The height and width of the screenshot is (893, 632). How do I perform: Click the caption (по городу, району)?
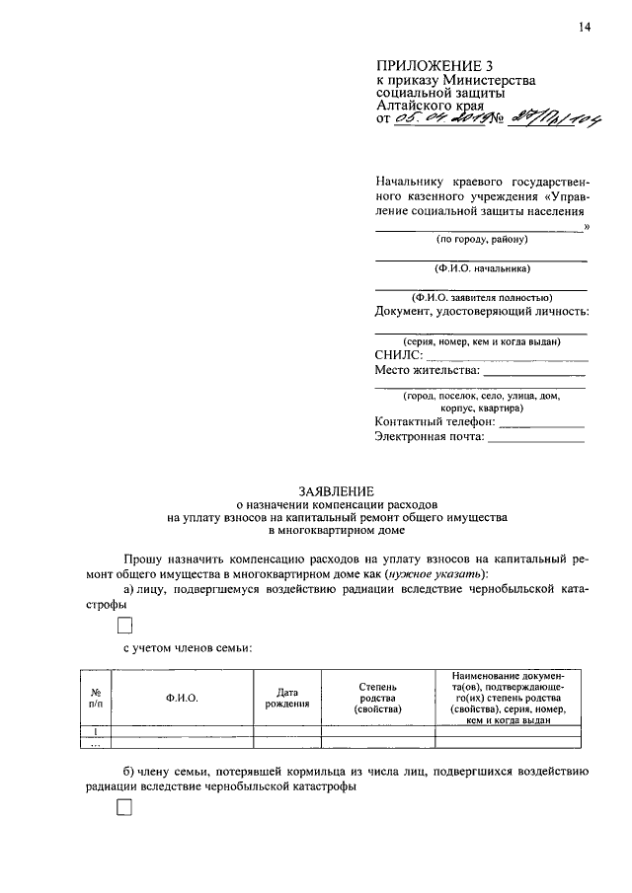pyautogui.click(x=482, y=240)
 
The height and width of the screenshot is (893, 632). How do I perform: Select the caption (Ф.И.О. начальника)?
pyautogui.click(x=482, y=268)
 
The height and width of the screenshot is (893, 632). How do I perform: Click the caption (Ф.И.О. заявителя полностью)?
pyautogui.click(x=482, y=297)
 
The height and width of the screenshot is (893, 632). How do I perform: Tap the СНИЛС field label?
pyautogui.click(x=399, y=355)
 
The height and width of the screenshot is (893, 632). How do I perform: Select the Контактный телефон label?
pyautogui.click(x=434, y=421)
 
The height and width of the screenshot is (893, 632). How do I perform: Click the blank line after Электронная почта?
pyautogui.click(x=535, y=441)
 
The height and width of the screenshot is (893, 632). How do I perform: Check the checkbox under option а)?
pyautogui.click(x=124, y=625)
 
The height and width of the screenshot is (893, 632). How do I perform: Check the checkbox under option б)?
pyautogui.click(x=124, y=808)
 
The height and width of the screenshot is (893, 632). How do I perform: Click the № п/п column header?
pyautogui.click(x=95, y=698)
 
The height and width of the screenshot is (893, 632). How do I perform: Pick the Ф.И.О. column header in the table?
pyautogui.click(x=183, y=698)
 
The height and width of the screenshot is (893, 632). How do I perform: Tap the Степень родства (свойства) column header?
pyautogui.click(x=378, y=698)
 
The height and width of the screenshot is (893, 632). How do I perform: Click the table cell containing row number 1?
pyautogui.click(x=95, y=731)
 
